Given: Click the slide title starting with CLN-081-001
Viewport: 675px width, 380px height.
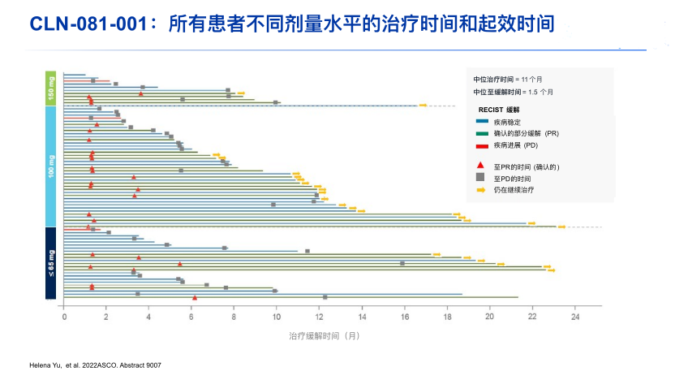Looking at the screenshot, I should pyautogui.click(x=292, y=24).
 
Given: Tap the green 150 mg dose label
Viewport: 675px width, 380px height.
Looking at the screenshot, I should pyautogui.click(x=51, y=89).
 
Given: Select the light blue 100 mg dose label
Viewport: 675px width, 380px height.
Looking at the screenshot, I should pyautogui.click(x=51, y=166).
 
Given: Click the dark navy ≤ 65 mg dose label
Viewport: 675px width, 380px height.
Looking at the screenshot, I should pyautogui.click(x=51, y=263).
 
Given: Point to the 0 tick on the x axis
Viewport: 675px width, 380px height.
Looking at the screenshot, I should pyautogui.click(x=64, y=317).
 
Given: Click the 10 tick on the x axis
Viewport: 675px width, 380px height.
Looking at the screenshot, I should pyautogui.click(x=277, y=317).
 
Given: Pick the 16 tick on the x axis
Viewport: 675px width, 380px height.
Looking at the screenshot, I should pyautogui.click(x=404, y=317).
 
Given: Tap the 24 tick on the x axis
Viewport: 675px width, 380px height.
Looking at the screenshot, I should pyautogui.click(x=574, y=317).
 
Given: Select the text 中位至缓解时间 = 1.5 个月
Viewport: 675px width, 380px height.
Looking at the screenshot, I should pyautogui.click(x=514, y=93).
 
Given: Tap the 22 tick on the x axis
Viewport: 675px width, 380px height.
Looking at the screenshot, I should pyautogui.click(x=532, y=317).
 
